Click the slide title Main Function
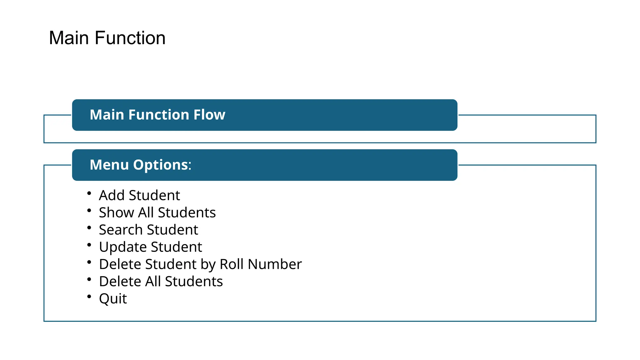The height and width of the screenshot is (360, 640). [x=107, y=38]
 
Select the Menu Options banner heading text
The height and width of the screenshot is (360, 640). [x=140, y=165]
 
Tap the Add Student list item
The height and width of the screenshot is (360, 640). [x=139, y=195]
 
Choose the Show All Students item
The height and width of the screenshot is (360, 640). [x=157, y=212]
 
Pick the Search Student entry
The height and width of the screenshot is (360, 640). [x=148, y=230]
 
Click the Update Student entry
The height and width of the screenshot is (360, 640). [x=150, y=247]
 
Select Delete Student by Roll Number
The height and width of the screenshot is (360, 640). [x=200, y=264]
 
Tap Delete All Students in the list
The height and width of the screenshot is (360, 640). [x=161, y=281]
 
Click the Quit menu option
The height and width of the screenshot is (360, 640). [x=113, y=298]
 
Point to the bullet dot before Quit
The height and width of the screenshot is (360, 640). [x=89, y=296]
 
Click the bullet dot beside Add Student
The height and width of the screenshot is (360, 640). [x=89, y=193]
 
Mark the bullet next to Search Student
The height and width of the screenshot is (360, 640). [x=89, y=227]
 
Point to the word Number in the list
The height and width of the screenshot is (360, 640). [x=275, y=264]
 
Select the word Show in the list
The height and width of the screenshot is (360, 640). [x=117, y=212]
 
